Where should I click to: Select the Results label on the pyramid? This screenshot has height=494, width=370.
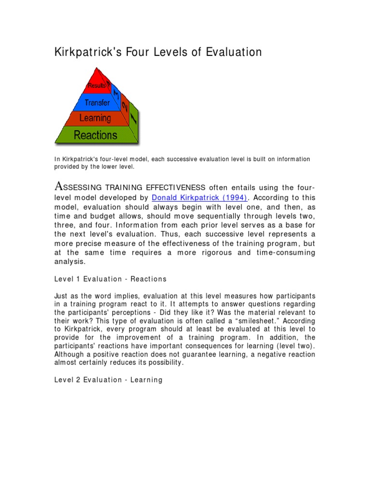(96, 86)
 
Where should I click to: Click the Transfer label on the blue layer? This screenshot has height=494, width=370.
(97, 102)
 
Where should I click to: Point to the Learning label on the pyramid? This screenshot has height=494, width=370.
(95, 118)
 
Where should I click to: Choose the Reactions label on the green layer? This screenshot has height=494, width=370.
(95, 135)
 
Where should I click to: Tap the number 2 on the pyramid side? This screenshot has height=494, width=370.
(125, 106)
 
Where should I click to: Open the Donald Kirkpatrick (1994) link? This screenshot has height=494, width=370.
(199, 197)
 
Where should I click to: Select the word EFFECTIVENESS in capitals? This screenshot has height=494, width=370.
(175, 187)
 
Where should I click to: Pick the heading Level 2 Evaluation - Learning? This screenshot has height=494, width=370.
(109, 380)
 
